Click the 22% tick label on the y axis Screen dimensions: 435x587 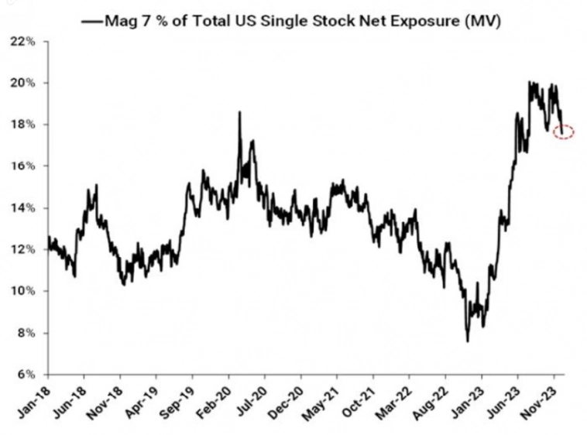pyautogui.click(x=23, y=41)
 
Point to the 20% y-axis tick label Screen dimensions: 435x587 pyautogui.click(x=23, y=83)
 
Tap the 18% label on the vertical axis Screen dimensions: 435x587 pyautogui.click(x=23, y=125)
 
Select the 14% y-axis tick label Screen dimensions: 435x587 pyautogui.click(x=23, y=208)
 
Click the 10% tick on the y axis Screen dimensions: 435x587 pyautogui.click(x=23, y=291)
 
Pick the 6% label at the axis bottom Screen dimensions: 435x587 pyautogui.click(x=25, y=375)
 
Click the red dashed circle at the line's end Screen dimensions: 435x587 pyautogui.click(x=564, y=132)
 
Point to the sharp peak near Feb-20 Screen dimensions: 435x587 pyautogui.click(x=239, y=113)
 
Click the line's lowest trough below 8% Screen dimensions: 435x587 pyautogui.click(x=467, y=341)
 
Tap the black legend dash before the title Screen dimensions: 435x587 pyautogui.click(x=91, y=22)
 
